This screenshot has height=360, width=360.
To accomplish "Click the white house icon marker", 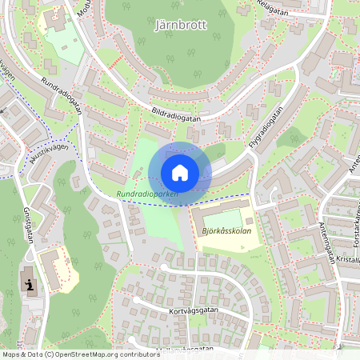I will pos(180,172).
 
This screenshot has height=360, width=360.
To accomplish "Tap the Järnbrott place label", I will pos(179,25).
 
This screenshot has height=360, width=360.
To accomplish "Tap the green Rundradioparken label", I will pos(146,194).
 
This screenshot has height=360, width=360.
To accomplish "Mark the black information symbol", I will pos(31,285).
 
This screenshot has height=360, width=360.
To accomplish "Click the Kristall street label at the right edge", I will pos(350,260).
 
